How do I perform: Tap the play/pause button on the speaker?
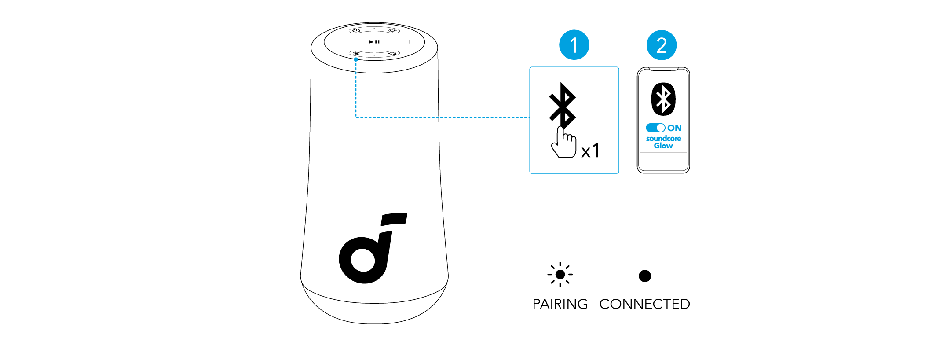374,42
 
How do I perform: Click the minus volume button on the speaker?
339,42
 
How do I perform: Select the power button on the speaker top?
356,30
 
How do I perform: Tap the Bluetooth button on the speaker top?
356,54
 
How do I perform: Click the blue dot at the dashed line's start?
356,59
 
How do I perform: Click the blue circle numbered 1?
574,45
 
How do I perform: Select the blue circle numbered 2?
661,45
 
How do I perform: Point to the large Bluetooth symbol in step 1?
562,104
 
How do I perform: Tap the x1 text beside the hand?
590,151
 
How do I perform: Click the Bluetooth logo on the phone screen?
663,99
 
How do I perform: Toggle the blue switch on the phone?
655,128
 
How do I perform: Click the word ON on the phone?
674,128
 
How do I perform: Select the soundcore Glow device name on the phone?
663,142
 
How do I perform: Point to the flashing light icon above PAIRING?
560,275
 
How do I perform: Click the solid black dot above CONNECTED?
644,276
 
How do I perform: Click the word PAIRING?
560,304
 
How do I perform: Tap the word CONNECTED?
644,304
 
